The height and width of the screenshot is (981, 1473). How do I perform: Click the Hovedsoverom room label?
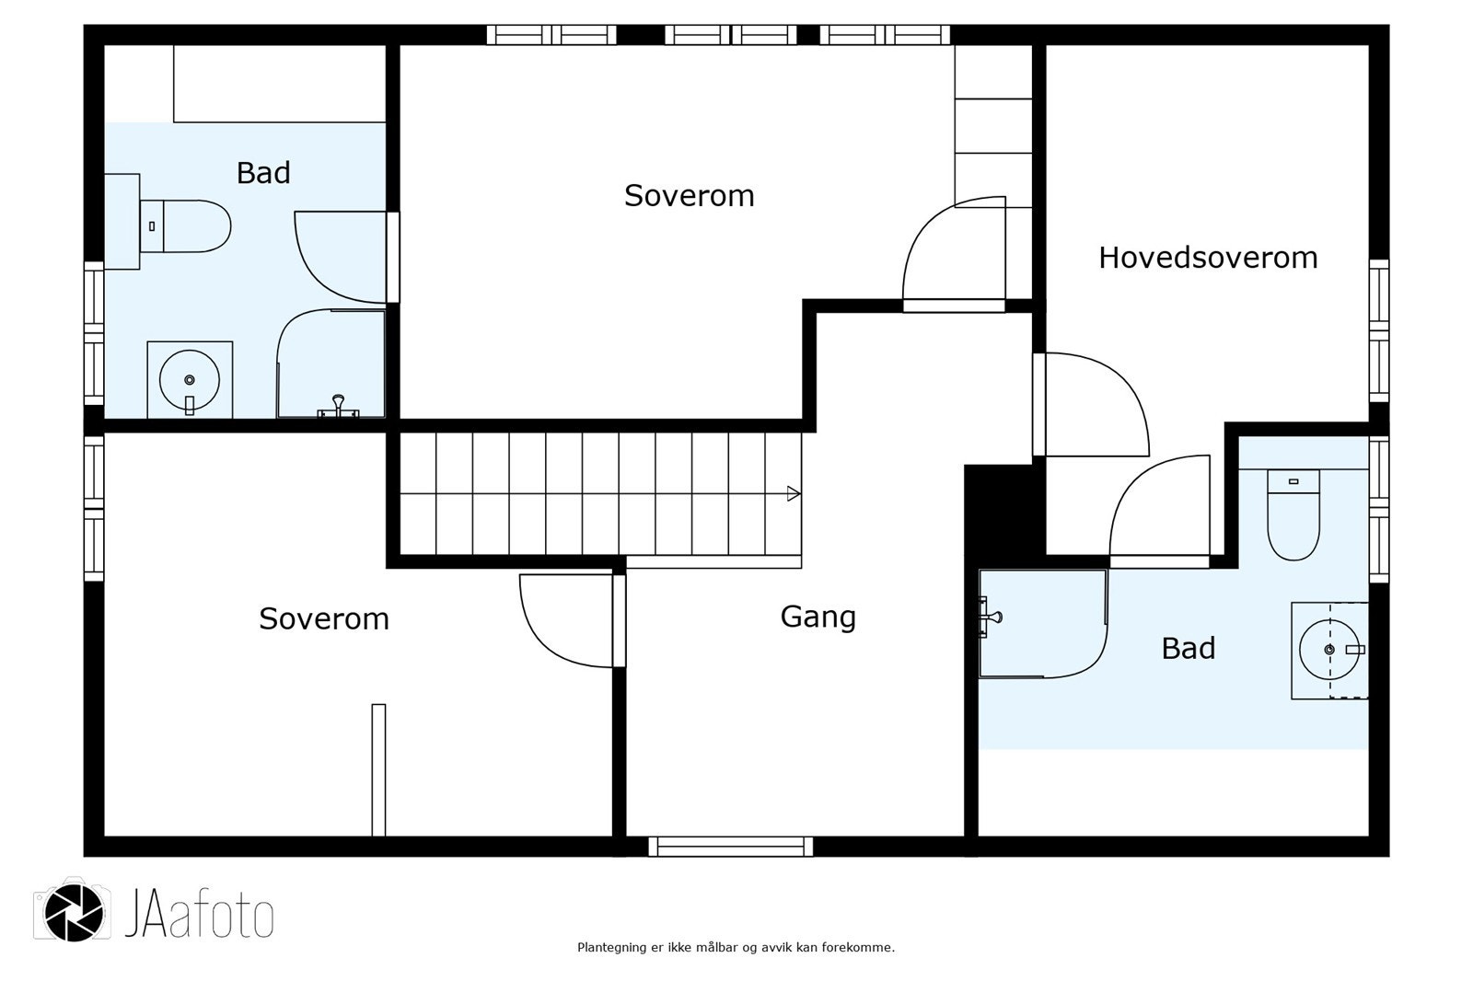click(x=1207, y=258)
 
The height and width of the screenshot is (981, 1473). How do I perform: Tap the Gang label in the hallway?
click(x=818, y=617)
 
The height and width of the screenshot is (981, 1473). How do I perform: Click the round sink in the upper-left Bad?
click(x=189, y=378)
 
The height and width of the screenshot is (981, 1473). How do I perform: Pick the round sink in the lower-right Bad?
click(x=1328, y=650)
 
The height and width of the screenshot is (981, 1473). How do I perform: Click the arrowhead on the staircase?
click(x=793, y=494)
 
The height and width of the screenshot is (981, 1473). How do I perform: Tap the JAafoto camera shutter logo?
click(x=74, y=910)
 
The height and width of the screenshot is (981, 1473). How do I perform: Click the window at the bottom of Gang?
click(x=730, y=847)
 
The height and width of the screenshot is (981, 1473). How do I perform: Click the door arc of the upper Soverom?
click(x=948, y=248)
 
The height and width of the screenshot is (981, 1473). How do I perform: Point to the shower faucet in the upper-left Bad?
click(x=339, y=405)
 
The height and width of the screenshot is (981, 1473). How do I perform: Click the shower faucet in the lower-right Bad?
click(x=991, y=617)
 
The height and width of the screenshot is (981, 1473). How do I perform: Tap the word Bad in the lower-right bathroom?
click(x=1188, y=649)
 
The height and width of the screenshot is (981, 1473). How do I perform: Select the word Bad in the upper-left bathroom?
click(x=263, y=173)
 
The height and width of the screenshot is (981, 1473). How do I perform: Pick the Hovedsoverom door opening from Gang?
click(x=1096, y=405)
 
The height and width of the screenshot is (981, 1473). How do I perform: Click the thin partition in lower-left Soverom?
click(x=378, y=769)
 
